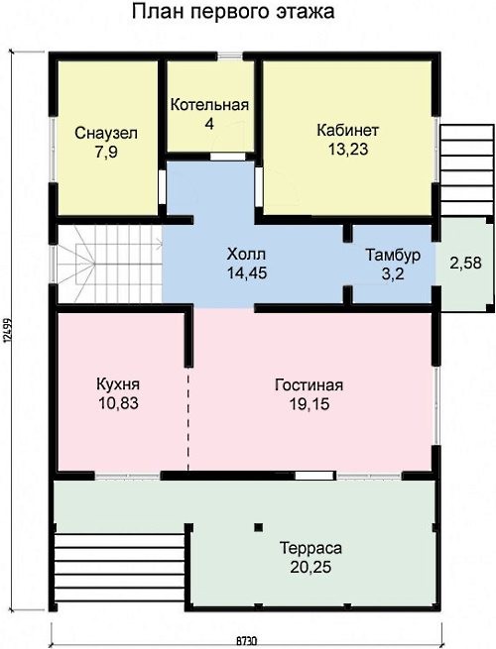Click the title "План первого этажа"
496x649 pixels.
[233, 12]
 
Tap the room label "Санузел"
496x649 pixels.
[106, 134]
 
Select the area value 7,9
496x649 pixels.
[106, 153]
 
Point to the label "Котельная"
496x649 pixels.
[209, 105]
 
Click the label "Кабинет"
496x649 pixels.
[347, 130]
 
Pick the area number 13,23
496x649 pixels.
[348, 149]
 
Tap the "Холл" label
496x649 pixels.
[246, 254]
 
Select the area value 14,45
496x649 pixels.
[247, 272]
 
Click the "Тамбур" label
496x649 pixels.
[393, 255]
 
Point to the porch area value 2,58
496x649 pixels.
[466, 263]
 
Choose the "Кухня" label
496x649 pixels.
[118, 384]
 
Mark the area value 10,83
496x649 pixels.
[118, 403]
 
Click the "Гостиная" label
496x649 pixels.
[310, 384]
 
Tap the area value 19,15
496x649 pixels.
[310, 404]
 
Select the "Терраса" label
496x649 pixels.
[310, 548]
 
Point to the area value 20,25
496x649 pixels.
[310, 567]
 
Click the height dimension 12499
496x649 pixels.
[6, 330]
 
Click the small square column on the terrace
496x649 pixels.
[259, 527]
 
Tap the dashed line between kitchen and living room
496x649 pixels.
[188, 419]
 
